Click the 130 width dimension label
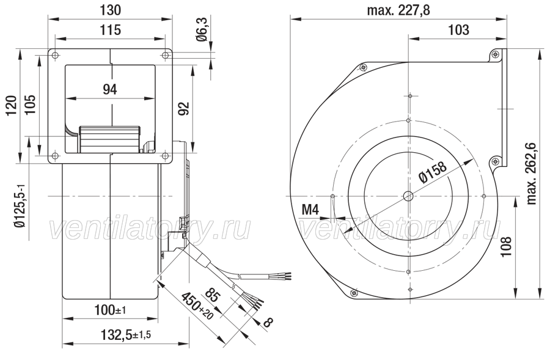[111, 10]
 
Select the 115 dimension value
[111, 30]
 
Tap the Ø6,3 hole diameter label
[203, 31]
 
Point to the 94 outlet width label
[110, 89]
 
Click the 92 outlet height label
[184, 108]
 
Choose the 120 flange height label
[12, 105]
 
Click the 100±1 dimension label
[110, 310]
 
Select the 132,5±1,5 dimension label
[125, 335]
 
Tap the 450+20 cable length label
[197, 306]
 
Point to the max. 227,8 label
[398, 10]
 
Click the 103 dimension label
[458, 30]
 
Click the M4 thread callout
[310, 210]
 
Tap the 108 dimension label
[506, 246]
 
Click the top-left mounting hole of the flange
[55, 55]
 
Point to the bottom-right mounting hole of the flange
[165, 155]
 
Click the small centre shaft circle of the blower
[409, 196]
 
